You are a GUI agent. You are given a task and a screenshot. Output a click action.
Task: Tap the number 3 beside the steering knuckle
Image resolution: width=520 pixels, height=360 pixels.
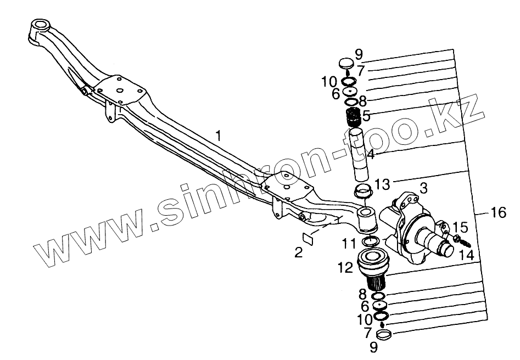click(423, 188)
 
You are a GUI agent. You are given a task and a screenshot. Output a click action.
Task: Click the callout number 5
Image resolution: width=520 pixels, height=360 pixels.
click(366, 116)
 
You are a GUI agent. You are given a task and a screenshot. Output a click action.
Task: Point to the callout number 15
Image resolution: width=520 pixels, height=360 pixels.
click(461, 226)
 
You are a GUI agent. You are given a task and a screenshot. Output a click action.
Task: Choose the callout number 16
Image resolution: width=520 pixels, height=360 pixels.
click(498, 212)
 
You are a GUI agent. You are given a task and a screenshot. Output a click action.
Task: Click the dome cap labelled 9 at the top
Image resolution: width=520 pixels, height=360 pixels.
click(345, 64)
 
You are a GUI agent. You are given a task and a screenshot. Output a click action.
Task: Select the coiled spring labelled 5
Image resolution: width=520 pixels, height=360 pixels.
click(352, 117)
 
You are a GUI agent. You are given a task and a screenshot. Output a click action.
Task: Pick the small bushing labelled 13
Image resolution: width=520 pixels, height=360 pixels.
click(362, 193)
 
